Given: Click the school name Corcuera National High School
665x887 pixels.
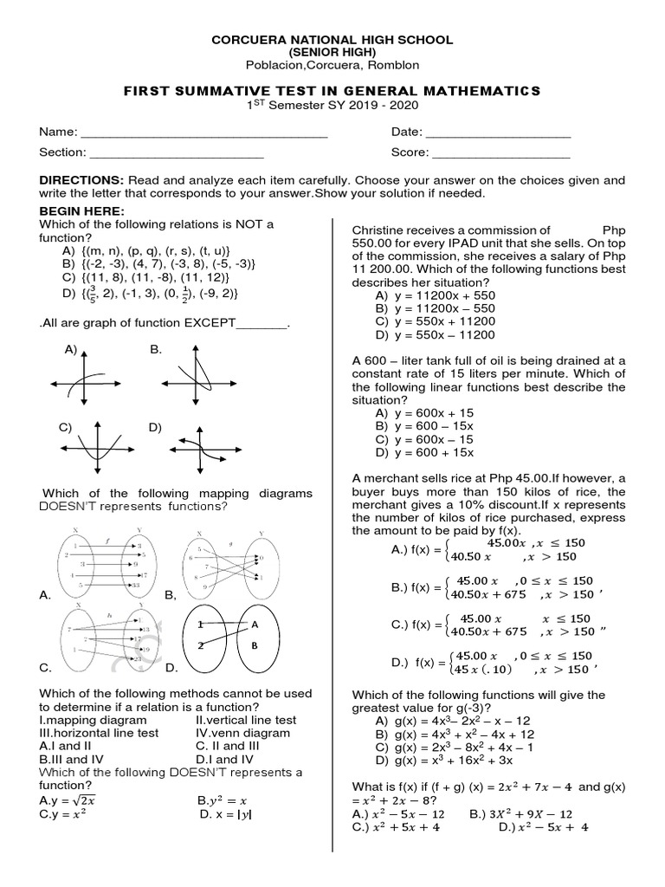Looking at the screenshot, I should click(x=332, y=41).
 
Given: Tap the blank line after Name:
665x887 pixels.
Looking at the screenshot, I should click(x=203, y=134).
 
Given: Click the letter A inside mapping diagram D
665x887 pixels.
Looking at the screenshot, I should click(x=255, y=624).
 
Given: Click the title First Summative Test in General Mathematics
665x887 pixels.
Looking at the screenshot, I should click(x=332, y=91).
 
